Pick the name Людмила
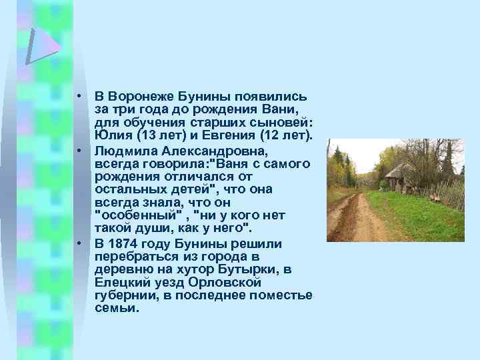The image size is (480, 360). coord(127,150)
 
